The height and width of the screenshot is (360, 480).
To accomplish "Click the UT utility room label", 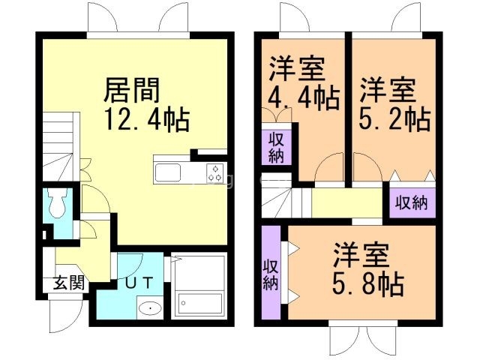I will click(x=136, y=283).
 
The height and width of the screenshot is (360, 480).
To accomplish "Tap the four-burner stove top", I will click(x=214, y=173).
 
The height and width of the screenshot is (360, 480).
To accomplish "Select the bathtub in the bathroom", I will click(x=199, y=303).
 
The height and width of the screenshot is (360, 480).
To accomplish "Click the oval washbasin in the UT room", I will click(x=149, y=307).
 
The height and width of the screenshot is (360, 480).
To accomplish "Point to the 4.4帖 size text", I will click(x=304, y=97).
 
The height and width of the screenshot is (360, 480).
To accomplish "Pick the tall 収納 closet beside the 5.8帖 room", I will click(x=271, y=274).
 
